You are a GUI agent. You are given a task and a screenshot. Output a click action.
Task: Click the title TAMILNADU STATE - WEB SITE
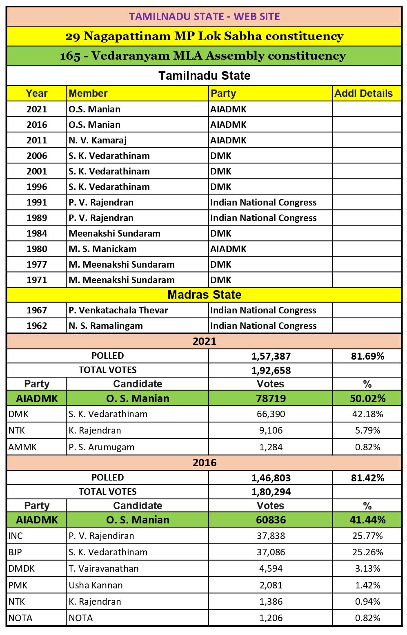[204, 16]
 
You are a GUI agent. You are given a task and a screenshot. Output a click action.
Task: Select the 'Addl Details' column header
[363, 94]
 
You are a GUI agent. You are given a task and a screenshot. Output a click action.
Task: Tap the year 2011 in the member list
[37, 141]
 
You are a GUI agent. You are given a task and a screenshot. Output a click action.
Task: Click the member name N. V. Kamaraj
[98, 141]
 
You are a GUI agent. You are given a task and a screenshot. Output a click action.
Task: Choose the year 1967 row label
[37, 311]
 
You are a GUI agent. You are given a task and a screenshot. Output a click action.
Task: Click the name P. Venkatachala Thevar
[118, 311]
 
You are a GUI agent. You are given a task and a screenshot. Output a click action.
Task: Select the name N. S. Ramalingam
[106, 326]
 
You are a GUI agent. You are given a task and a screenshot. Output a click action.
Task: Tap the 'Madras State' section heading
[204, 295]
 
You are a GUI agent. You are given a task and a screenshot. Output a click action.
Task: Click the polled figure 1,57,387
[271, 356]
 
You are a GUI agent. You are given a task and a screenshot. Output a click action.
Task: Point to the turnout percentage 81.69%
[367, 356]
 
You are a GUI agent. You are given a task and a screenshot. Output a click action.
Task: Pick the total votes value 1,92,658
[271, 371]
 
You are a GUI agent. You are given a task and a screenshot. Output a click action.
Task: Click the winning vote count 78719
[271, 398]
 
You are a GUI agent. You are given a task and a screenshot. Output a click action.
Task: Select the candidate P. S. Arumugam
[101, 447]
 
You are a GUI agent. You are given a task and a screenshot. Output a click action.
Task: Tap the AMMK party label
[22, 447]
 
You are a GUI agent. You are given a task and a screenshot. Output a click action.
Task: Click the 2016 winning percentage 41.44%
[367, 520]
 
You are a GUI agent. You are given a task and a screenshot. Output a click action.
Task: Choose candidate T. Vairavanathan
[104, 569]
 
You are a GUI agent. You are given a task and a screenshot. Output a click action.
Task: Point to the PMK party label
[18, 585]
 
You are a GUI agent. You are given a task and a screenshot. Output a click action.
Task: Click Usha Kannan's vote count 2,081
[271, 585]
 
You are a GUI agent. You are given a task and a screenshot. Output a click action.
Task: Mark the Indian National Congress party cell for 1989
[263, 218]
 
